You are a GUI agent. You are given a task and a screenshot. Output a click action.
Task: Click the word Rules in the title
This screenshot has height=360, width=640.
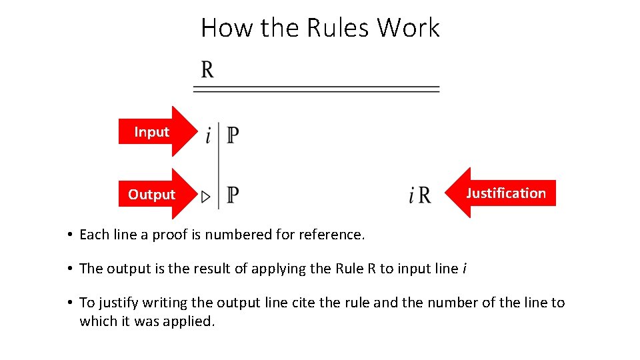click(339, 28)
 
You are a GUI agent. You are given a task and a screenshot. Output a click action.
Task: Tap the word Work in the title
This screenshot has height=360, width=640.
click(409, 28)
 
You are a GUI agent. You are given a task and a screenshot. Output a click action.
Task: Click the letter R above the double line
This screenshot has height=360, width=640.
click(207, 70)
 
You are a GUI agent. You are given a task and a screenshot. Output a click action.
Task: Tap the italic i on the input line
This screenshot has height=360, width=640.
click(208, 136)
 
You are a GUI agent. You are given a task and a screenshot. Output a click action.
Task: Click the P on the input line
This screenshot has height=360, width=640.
click(233, 135)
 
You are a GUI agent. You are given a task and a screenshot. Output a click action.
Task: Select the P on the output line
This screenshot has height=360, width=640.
click(233, 195)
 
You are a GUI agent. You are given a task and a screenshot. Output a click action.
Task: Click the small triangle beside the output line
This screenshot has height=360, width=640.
click(206, 197)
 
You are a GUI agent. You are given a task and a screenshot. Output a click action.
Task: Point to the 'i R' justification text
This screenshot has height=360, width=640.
click(420, 195)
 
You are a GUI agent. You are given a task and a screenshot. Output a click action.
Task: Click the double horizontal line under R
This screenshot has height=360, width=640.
click(317, 89)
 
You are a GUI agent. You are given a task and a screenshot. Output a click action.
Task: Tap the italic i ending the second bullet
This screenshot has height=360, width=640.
click(464, 269)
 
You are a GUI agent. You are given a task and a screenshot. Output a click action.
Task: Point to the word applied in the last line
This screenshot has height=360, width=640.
click(192, 321)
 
